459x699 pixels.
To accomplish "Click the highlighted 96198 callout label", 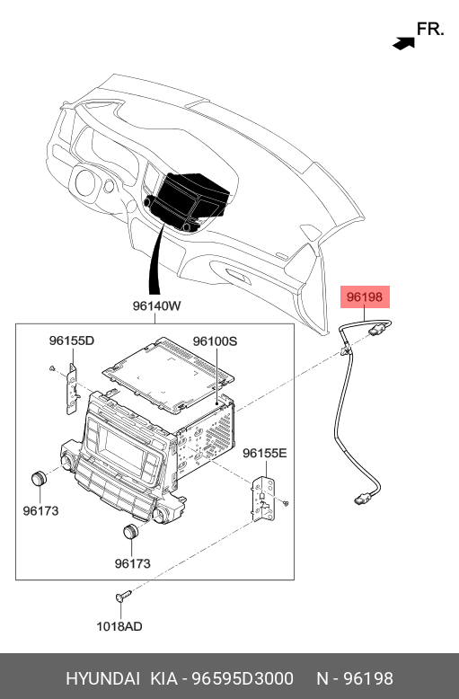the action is [x=365, y=296].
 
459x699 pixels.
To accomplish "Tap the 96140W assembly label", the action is [x=156, y=306].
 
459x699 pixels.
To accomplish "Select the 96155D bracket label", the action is [x=72, y=341].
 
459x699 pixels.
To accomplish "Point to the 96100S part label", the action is [x=215, y=341].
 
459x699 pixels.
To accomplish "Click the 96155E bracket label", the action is [x=265, y=453].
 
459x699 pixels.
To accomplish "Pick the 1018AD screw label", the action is [x=119, y=626].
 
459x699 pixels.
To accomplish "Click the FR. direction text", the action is [x=430, y=29].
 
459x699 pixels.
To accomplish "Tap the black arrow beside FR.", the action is [x=403, y=43].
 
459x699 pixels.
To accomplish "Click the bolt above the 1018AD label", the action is [x=123, y=596].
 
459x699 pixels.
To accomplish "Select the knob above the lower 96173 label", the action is [x=130, y=532].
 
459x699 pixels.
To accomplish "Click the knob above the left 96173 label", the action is [x=39, y=478].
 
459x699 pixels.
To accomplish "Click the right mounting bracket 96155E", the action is [x=263, y=499].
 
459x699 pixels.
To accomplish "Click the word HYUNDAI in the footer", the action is [x=103, y=678].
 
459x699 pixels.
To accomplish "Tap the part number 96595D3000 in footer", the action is [x=243, y=678].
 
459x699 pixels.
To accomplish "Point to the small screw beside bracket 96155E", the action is [x=287, y=503].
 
